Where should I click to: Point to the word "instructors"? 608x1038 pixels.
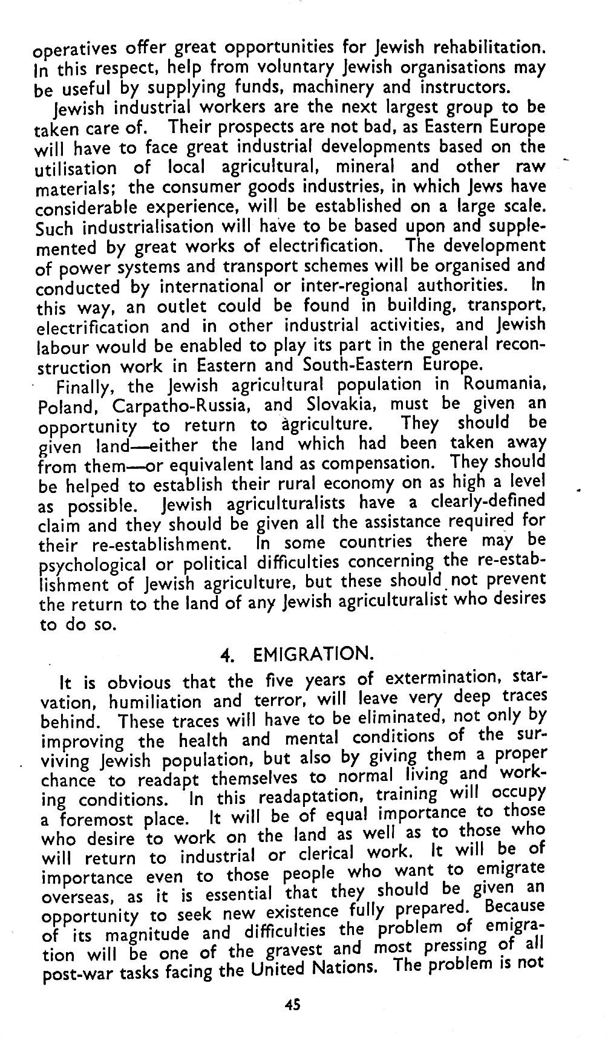pyautogui.click(x=462, y=86)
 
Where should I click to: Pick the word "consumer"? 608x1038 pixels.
pyautogui.click(x=200, y=187)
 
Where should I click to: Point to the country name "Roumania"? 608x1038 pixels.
pyautogui.click(x=503, y=384)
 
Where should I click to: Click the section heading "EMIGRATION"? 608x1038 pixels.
pyautogui.click(x=312, y=654)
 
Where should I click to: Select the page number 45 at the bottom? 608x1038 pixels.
pyautogui.click(x=292, y=1005)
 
